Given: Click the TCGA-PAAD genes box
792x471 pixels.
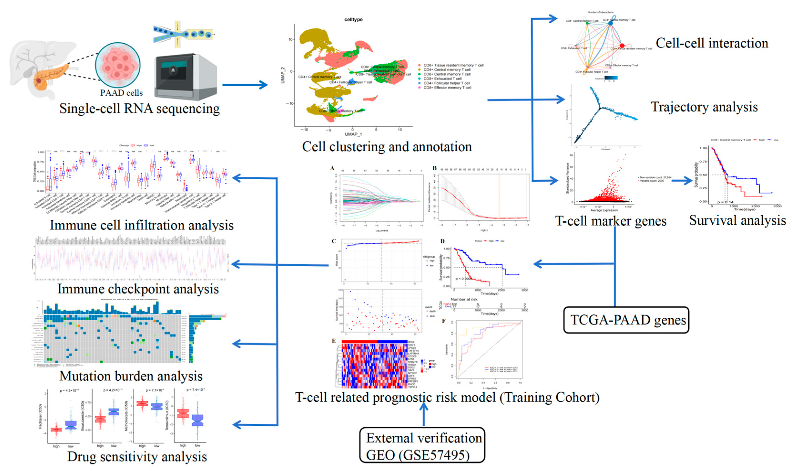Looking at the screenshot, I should [626, 320].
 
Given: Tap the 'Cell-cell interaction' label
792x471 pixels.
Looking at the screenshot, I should [712, 43].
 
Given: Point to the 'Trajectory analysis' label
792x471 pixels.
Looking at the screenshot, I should [704, 107].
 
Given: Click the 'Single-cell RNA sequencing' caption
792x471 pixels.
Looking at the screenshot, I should [139, 108].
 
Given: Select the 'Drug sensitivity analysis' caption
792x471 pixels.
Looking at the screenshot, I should [137, 456].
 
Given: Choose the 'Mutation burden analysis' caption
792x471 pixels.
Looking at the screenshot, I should [131, 376].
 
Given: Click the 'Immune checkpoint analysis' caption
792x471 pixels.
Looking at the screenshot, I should [138, 289].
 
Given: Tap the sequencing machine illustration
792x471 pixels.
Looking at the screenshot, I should [185, 76].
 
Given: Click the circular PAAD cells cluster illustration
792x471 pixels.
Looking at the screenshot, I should [118, 65].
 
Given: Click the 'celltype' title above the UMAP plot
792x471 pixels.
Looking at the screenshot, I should [353, 20].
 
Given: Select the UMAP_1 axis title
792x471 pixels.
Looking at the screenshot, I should [353, 134].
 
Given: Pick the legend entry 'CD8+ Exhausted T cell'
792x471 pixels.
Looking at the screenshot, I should [442, 79].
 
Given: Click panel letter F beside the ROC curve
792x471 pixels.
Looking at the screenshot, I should [444, 321].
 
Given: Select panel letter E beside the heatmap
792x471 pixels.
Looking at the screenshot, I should [334, 341].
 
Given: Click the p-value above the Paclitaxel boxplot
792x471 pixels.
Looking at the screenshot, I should [69, 391].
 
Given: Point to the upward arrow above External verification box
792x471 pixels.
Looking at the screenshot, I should [424, 414].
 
